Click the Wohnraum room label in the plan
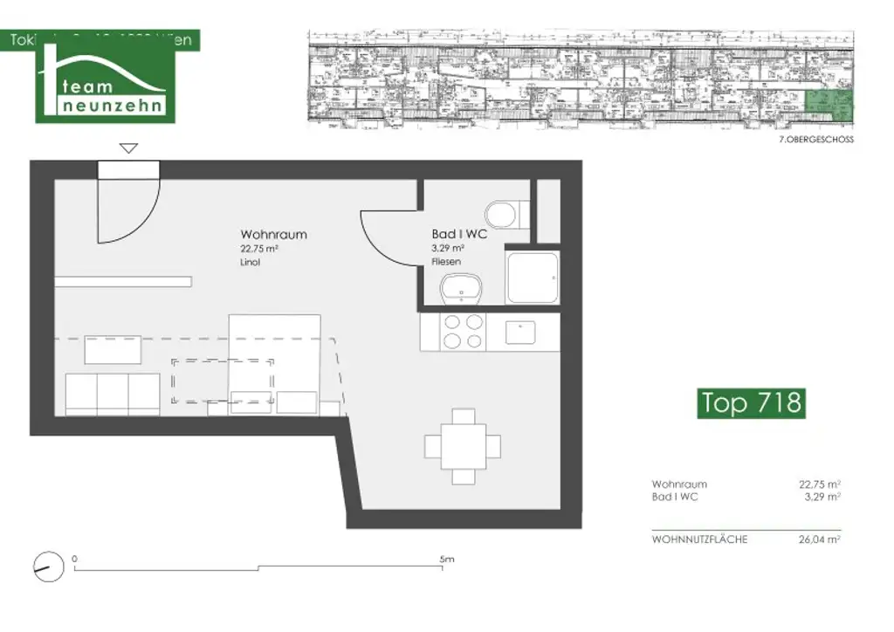click(273, 235)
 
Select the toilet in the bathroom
click(504, 212)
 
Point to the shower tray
click(532, 278)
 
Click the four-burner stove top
click(462, 331)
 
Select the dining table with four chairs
click(463, 446)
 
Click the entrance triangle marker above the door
click(128, 148)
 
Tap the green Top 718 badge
click(751, 402)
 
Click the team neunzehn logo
click(104, 86)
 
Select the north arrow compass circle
click(50, 567)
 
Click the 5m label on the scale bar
click(446, 559)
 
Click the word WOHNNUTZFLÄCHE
click(699, 539)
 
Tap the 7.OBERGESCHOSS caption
click(815, 140)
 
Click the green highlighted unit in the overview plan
click(829, 105)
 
